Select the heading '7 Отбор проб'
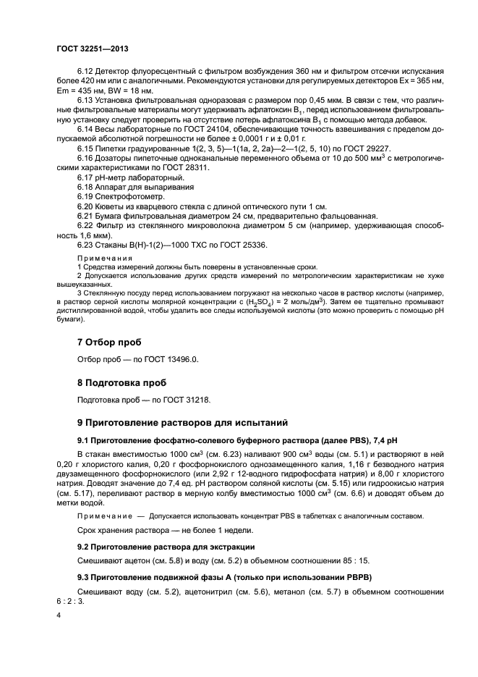109,342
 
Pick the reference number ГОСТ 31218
188,399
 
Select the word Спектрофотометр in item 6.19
119,196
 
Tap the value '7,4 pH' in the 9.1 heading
383,440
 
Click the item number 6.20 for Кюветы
85,206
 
